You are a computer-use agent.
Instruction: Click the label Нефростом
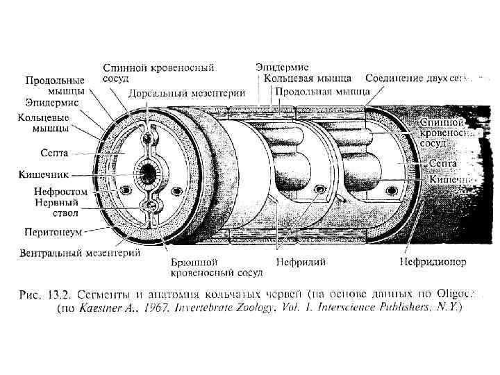pos(60,190)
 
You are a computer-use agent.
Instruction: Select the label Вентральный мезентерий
pos(81,253)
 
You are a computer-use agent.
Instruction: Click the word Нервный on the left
pos(56,202)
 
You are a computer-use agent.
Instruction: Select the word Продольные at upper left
pos(56,79)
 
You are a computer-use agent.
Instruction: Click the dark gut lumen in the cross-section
pos(147,169)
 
